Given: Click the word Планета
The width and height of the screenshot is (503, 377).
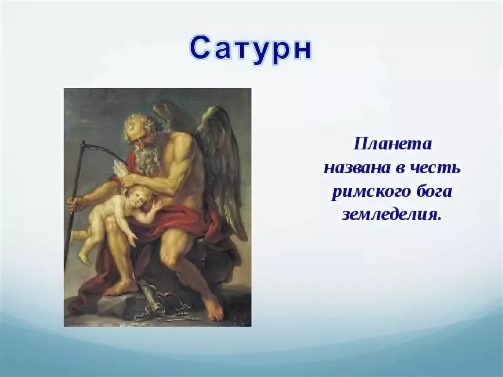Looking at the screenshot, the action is pyautogui.click(x=392, y=144).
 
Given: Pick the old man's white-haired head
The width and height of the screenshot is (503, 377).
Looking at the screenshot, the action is pyautogui.click(x=138, y=128).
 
